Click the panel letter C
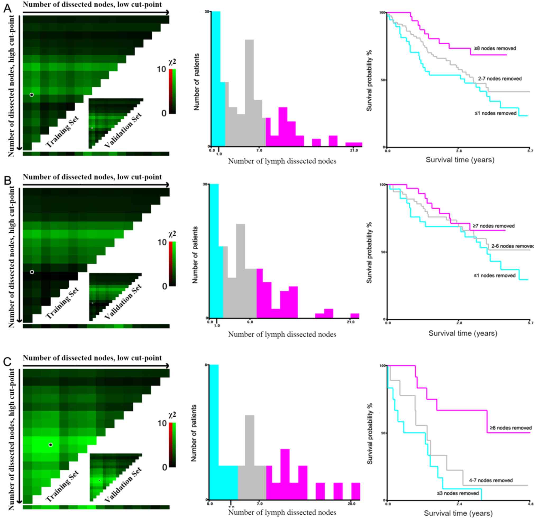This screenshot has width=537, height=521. tap(7, 361)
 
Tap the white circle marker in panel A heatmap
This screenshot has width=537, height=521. tap(31, 95)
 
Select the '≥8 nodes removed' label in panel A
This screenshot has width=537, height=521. tap(495, 48)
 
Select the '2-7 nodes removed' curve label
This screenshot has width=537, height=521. tap(500, 78)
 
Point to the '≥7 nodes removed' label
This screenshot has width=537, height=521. tap(493, 226)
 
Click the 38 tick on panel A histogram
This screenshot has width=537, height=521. tap(207, 12)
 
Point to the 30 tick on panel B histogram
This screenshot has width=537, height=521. tap(205, 184)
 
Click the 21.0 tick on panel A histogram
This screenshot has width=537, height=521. tap(354, 150)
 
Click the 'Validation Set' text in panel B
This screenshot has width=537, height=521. tap(123, 302)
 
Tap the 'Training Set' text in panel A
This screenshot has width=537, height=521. tap(62, 132)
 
